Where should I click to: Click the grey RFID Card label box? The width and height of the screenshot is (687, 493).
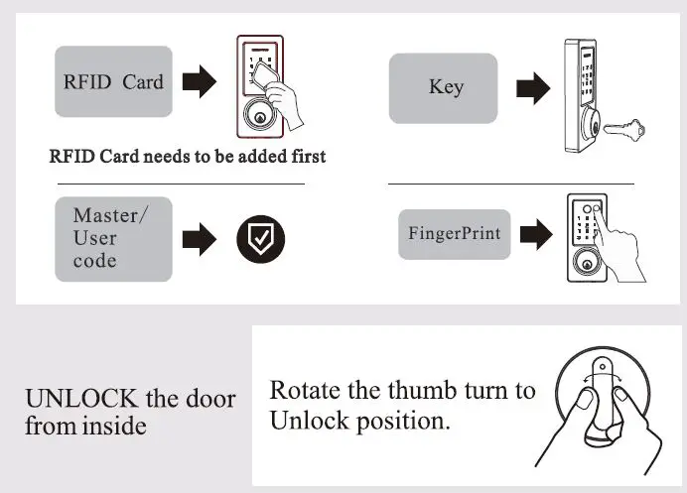[x=113, y=81]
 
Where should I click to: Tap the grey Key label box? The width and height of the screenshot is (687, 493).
[x=443, y=87]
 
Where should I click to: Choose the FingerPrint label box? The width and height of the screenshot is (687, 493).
[x=454, y=234]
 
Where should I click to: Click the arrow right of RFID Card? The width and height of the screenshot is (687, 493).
[x=202, y=82]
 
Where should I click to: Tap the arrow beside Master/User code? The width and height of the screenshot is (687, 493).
[x=202, y=239]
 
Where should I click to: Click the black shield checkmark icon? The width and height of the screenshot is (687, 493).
[x=260, y=239]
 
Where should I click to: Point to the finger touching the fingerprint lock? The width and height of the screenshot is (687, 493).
[x=607, y=231]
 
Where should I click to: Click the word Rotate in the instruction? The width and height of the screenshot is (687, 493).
[x=300, y=390]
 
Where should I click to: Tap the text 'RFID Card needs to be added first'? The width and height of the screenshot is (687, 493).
[x=188, y=157]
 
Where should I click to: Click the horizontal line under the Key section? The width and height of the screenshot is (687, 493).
[x=510, y=184]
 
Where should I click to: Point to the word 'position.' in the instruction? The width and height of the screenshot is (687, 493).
[x=402, y=421]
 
